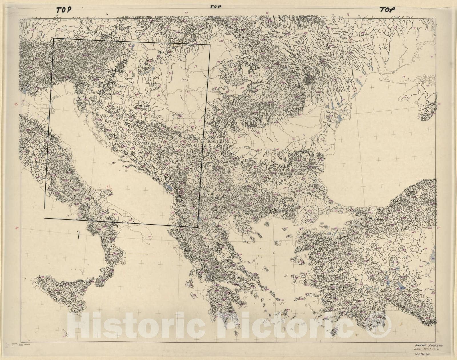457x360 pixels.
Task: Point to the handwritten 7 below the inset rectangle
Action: coord(78,235)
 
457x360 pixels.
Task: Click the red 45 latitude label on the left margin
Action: coord(17,105)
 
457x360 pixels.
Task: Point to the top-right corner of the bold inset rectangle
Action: coord(210,45)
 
